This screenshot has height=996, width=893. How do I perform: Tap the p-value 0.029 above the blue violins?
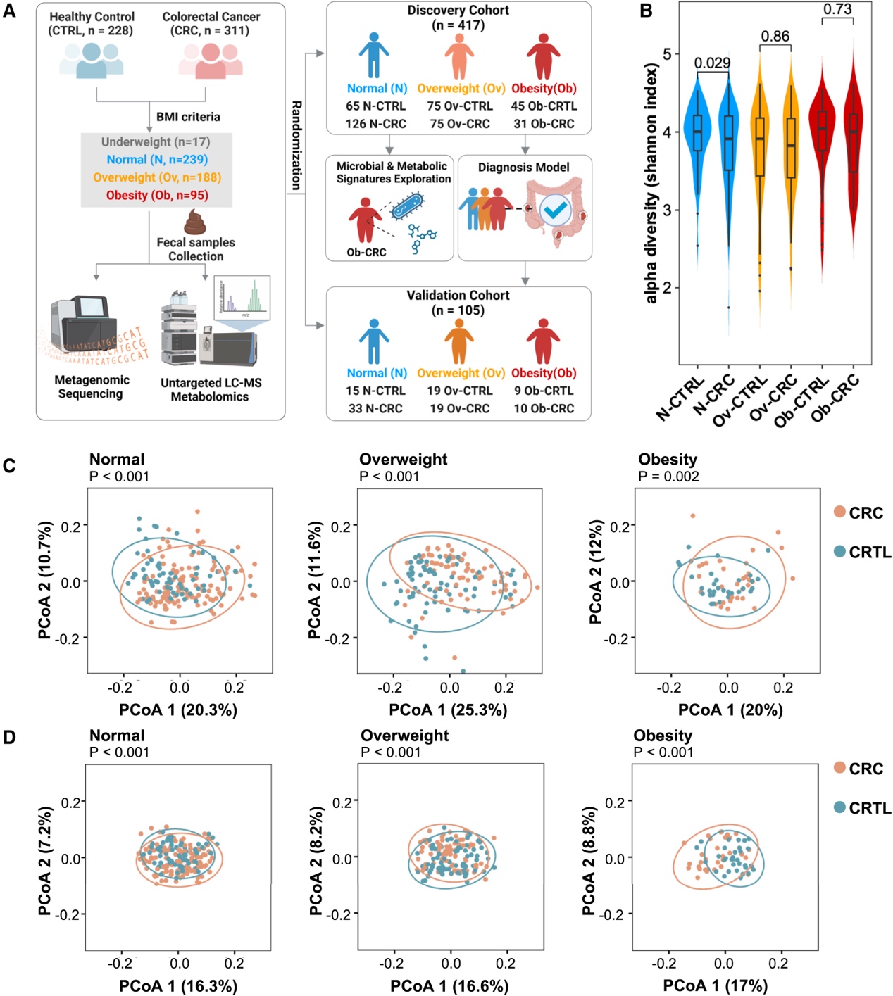coord(712,63)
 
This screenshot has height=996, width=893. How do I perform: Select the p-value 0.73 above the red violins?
coord(837,9)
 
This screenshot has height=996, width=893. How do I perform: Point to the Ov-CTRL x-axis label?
coord(740,401)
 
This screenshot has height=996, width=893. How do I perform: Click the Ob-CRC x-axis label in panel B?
coord(835,398)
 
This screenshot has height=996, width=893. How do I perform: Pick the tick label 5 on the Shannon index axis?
coord(667,54)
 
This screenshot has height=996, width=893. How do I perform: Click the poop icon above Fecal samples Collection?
coord(195,222)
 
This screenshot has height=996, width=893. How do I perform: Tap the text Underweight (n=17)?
coord(156,142)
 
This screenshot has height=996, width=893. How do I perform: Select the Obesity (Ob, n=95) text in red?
coord(157,195)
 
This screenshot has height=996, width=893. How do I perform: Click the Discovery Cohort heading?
coord(458,11)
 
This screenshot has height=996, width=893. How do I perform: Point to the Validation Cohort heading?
coord(458,296)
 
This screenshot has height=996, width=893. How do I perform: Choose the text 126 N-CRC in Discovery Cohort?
coord(375,124)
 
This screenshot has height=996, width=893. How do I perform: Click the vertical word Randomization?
coord(296,145)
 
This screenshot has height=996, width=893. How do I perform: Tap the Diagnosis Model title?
coord(523,168)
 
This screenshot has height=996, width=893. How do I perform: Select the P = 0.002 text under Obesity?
coord(668,477)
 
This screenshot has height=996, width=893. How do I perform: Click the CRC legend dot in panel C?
coord(839,512)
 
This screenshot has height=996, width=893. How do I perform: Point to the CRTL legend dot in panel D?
coord(839,807)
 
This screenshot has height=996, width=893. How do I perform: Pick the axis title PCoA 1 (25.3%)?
coord(448,710)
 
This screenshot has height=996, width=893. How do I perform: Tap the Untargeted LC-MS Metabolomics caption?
coord(211,389)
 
